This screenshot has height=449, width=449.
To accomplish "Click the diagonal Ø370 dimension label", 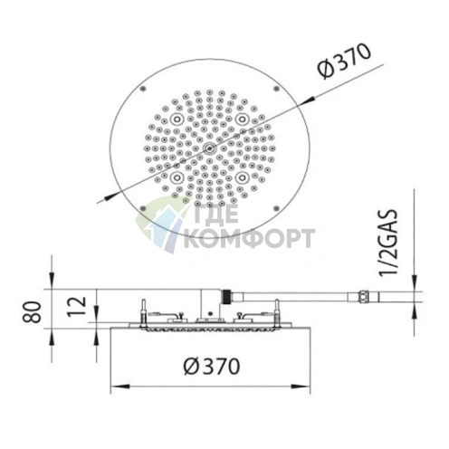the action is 344,61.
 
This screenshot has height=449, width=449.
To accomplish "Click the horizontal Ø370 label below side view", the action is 212,367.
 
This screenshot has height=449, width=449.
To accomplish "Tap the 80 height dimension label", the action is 33,312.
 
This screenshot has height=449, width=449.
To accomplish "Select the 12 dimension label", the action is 76,307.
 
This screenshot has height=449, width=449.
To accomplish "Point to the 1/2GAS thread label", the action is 388,242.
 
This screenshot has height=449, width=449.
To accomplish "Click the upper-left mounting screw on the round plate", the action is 143,88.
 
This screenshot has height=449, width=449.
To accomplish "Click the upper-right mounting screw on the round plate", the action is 275,88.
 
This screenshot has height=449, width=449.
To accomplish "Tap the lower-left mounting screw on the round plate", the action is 143,208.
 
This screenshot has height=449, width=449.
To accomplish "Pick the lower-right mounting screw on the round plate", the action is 275,208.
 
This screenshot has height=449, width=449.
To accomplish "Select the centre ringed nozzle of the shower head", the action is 209,148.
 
